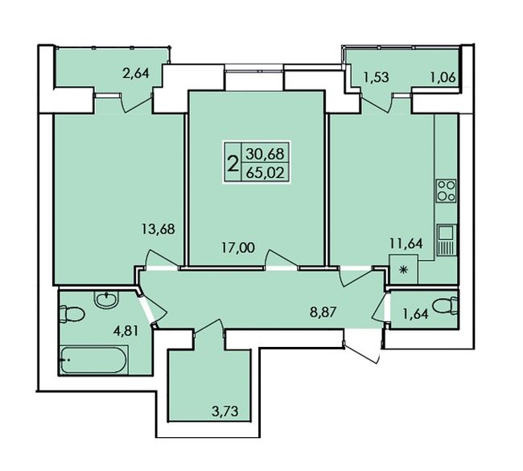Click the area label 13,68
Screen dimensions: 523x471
tap(158, 229)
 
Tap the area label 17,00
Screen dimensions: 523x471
tap(239, 248)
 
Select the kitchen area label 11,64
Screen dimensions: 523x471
tap(406, 243)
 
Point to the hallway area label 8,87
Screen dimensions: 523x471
tap(322, 313)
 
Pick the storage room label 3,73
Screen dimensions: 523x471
tap(224, 411)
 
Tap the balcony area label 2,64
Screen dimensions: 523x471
tap(135, 72)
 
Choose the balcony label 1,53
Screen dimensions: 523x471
tap(376, 77)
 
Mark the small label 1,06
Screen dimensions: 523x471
tap(443, 77)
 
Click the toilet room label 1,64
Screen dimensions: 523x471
tap(415, 314)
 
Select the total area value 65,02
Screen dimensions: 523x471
tap(266, 173)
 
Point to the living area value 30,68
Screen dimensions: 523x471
tap(266, 154)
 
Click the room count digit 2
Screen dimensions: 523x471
tap(233, 164)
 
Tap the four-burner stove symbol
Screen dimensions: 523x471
tap(446, 191)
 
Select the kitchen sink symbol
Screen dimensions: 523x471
tap(447, 240)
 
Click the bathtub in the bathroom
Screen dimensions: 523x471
tap(94, 360)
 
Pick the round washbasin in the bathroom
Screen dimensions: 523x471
tap(106, 299)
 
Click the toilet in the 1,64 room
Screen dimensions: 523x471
tap(445, 306)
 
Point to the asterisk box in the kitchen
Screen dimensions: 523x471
tap(404, 270)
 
